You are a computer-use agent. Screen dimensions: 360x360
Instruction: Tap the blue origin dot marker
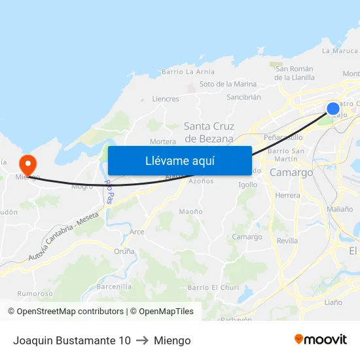333,109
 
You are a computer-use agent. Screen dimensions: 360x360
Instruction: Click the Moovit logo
320,340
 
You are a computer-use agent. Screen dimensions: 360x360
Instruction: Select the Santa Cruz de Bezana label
209,132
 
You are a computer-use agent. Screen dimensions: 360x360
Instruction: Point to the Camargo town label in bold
291,172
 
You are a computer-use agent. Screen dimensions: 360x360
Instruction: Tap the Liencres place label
165,99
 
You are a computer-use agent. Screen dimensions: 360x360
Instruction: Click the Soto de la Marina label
228,84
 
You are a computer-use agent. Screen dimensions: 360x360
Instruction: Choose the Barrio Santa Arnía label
188,72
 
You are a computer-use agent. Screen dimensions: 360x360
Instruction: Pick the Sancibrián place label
243,97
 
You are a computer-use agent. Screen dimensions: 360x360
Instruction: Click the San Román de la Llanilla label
295,73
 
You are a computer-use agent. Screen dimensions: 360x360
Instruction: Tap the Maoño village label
190,211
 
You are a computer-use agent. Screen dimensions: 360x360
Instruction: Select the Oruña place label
124,251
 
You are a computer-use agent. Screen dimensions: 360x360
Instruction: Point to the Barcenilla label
114,287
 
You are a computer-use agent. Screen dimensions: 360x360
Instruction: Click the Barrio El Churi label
213,287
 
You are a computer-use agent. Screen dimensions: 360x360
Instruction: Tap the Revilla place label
287,241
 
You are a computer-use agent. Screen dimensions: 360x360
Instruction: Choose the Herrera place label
288,195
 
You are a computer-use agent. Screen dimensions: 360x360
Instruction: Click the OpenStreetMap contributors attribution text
65,312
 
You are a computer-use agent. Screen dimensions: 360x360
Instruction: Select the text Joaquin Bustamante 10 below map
72,340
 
